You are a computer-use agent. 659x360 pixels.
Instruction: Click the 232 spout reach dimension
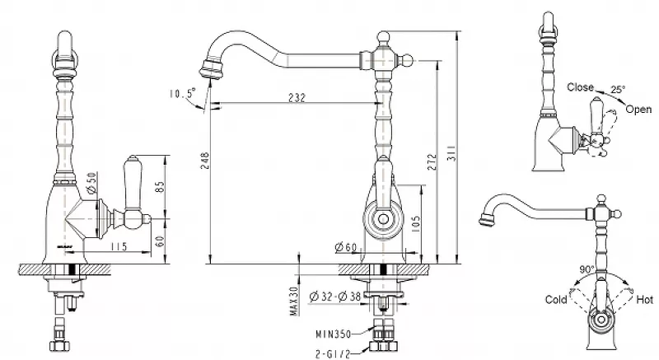click(x=297, y=97)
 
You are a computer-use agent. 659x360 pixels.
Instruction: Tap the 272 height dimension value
click(x=432, y=162)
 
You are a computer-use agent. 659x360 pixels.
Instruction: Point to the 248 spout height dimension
click(x=204, y=161)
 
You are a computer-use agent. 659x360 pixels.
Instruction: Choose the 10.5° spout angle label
click(x=182, y=93)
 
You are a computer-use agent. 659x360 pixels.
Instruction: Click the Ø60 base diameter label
click(x=346, y=247)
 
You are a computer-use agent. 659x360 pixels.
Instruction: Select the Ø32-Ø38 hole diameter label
click(x=335, y=297)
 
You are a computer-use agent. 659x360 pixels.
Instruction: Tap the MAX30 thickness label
click(x=294, y=301)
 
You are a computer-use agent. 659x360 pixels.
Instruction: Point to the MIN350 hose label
click(x=334, y=334)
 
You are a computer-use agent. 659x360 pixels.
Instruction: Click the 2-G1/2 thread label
click(x=333, y=354)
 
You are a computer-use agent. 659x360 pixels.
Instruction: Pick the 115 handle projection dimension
click(x=119, y=246)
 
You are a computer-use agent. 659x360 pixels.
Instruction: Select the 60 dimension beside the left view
click(x=160, y=241)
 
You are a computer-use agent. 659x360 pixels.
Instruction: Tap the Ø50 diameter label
click(x=92, y=183)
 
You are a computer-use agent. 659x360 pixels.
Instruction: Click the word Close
click(x=581, y=87)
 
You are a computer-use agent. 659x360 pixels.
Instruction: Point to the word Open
click(x=639, y=110)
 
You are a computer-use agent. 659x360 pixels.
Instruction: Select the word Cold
click(x=556, y=300)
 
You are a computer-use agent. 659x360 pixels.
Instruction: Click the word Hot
click(x=645, y=300)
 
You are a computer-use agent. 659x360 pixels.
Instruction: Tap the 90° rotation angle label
click(x=587, y=269)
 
